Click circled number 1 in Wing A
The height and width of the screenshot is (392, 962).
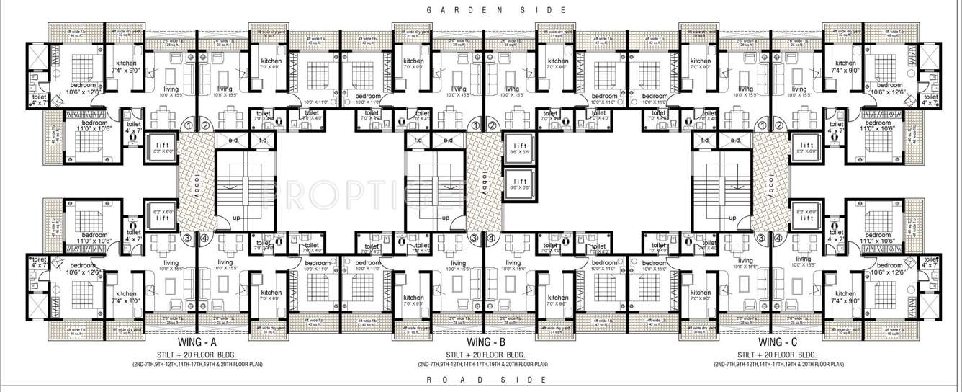188,125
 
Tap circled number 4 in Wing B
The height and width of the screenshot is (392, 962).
492,239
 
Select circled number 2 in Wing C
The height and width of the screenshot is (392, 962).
779,125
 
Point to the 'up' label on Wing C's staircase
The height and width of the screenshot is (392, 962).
732,218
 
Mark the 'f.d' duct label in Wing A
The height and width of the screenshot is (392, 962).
261,140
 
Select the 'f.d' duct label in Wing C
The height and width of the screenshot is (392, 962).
705,140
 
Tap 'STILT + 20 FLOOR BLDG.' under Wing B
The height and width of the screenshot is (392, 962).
485,355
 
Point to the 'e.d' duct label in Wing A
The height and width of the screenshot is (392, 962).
234,140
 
